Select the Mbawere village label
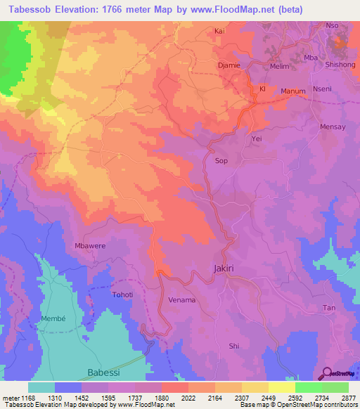click(x=89, y=246)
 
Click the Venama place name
click(x=182, y=300)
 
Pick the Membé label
click(x=53, y=318)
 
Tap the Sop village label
click(x=221, y=161)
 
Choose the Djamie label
click(x=229, y=65)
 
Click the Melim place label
click(x=280, y=66)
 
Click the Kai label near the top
click(x=219, y=31)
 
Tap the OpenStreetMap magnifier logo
click(x=326, y=372)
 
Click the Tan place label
click(x=328, y=309)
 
